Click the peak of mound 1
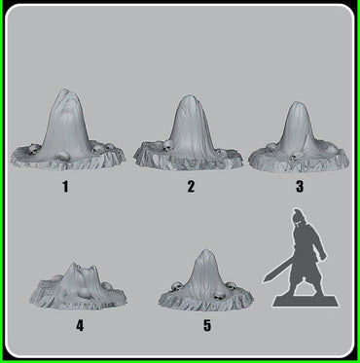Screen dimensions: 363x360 (x=66, y=93)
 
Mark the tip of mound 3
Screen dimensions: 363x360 (x=299, y=101)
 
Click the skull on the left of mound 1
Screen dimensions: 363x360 (x=29, y=148)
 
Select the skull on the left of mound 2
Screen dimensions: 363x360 (x=166, y=147)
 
